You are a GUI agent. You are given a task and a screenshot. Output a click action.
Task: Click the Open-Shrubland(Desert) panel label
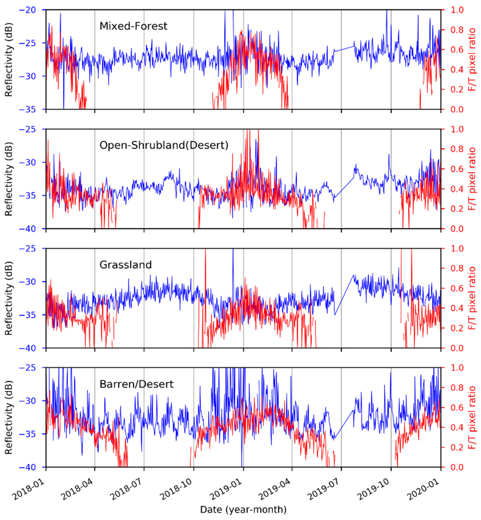[x=164, y=145]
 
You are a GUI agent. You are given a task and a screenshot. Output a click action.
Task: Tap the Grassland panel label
[x=125, y=265]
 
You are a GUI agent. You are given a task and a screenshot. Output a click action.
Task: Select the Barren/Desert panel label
[x=136, y=384]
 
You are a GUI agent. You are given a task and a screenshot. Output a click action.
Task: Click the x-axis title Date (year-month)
[x=243, y=509]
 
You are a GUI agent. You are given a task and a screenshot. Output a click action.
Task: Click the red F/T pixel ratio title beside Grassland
[x=472, y=298]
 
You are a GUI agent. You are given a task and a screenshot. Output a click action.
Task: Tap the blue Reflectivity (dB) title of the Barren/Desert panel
[x=9, y=417]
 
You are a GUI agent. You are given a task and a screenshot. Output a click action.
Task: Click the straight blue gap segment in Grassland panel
[x=344, y=295]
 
